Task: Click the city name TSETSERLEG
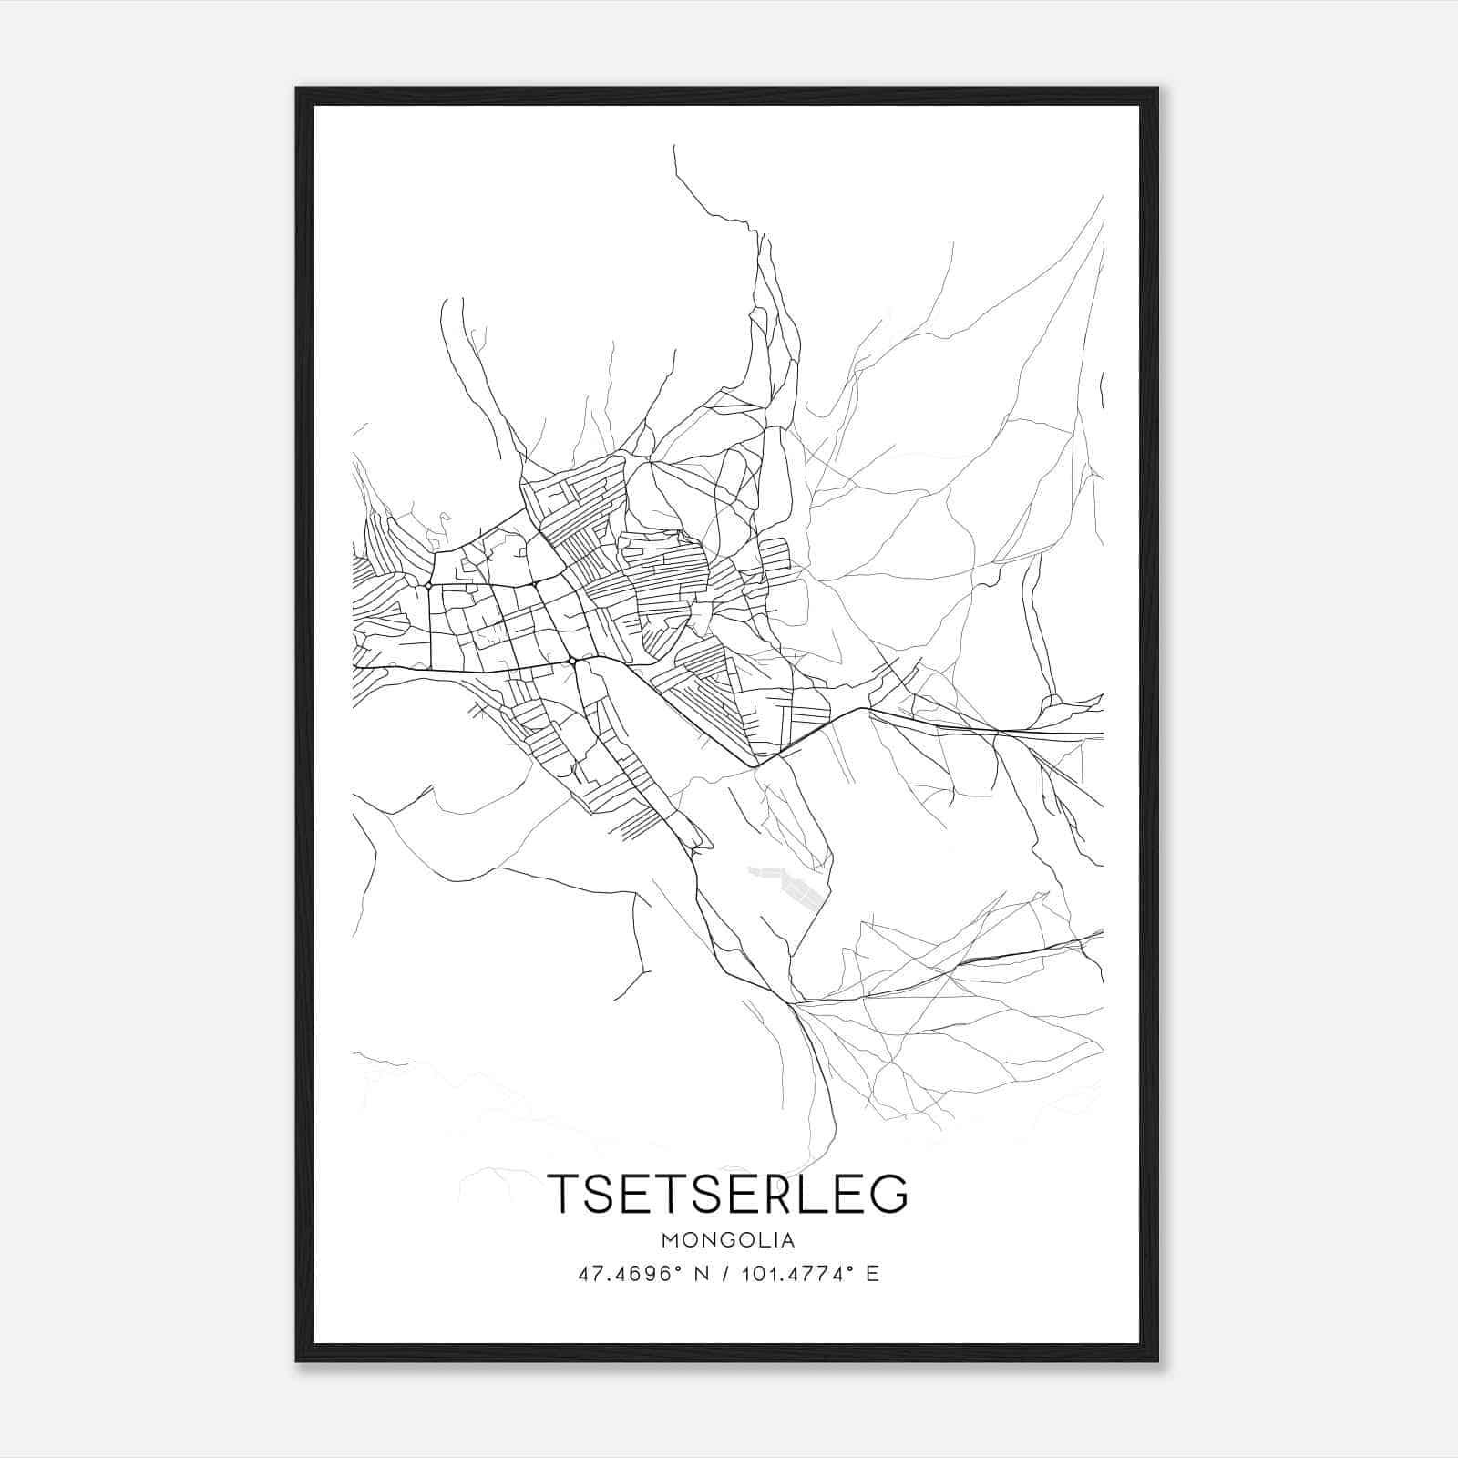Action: [728, 1194]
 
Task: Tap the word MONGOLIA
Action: [728, 1240]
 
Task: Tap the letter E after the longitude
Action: [873, 1275]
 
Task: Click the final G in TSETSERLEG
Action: [888, 1194]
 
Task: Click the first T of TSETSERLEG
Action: [562, 1194]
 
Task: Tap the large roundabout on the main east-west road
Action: [571, 660]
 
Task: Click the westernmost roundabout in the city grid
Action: [428, 586]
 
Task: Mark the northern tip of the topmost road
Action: [674, 146]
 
